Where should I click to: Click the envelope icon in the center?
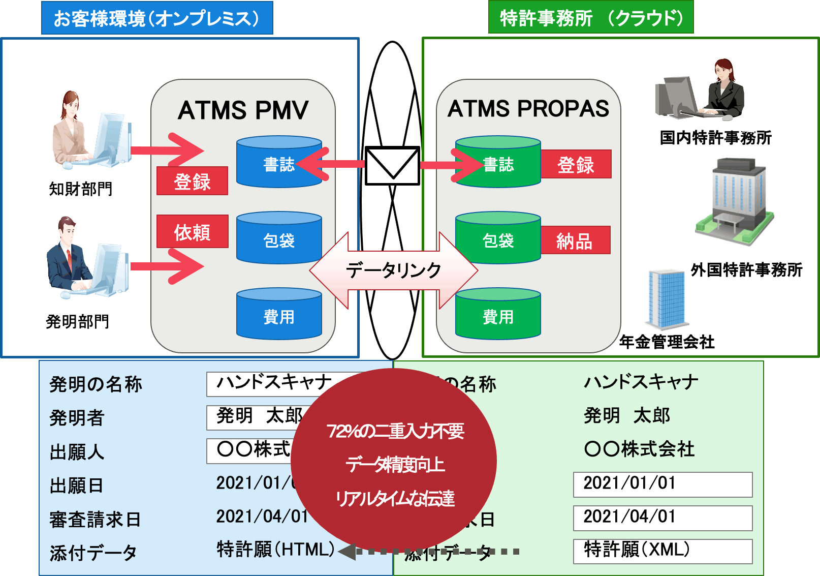tap(392, 166)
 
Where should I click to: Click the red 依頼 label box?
tap(192, 232)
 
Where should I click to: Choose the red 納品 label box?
tap(575, 240)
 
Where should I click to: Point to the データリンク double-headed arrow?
tap(393, 270)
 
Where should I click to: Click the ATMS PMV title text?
tap(243, 110)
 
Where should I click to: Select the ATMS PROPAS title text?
tap(528, 108)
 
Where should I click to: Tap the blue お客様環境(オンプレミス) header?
tap(157, 18)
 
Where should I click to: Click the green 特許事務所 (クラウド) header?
tap(590, 18)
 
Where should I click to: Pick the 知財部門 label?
tap(80, 189)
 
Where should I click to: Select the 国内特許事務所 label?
tap(715, 137)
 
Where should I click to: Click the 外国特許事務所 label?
tap(746, 269)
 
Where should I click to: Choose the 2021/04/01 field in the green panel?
tap(662, 517)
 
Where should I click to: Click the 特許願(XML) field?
tap(662, 551)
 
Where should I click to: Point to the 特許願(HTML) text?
tap(275, 550)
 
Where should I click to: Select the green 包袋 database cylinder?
tap(498, 239)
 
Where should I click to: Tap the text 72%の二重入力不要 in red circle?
tap(395, 431)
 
